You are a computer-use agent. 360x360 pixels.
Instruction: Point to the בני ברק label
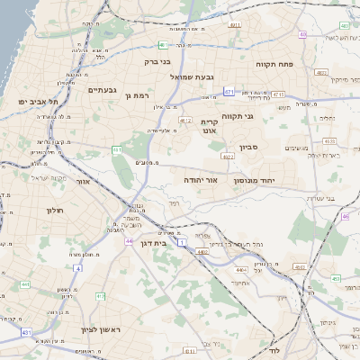click(x=157, y=62)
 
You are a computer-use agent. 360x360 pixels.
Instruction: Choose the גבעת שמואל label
click(x=192, y=77)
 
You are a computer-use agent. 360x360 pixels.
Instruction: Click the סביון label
click(x=248, y=146)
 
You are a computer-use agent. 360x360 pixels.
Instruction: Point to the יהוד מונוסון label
click(x=259, y=181)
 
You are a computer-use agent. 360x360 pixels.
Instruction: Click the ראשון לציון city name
click(x=86, y=329)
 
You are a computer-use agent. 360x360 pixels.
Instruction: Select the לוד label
click(x=275, y=349)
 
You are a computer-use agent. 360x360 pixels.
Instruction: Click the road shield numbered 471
click(x=229, y=92)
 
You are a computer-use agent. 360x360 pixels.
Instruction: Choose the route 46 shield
click(x=345, y=217)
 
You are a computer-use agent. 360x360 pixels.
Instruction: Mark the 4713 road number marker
click(x=278, y=94)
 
